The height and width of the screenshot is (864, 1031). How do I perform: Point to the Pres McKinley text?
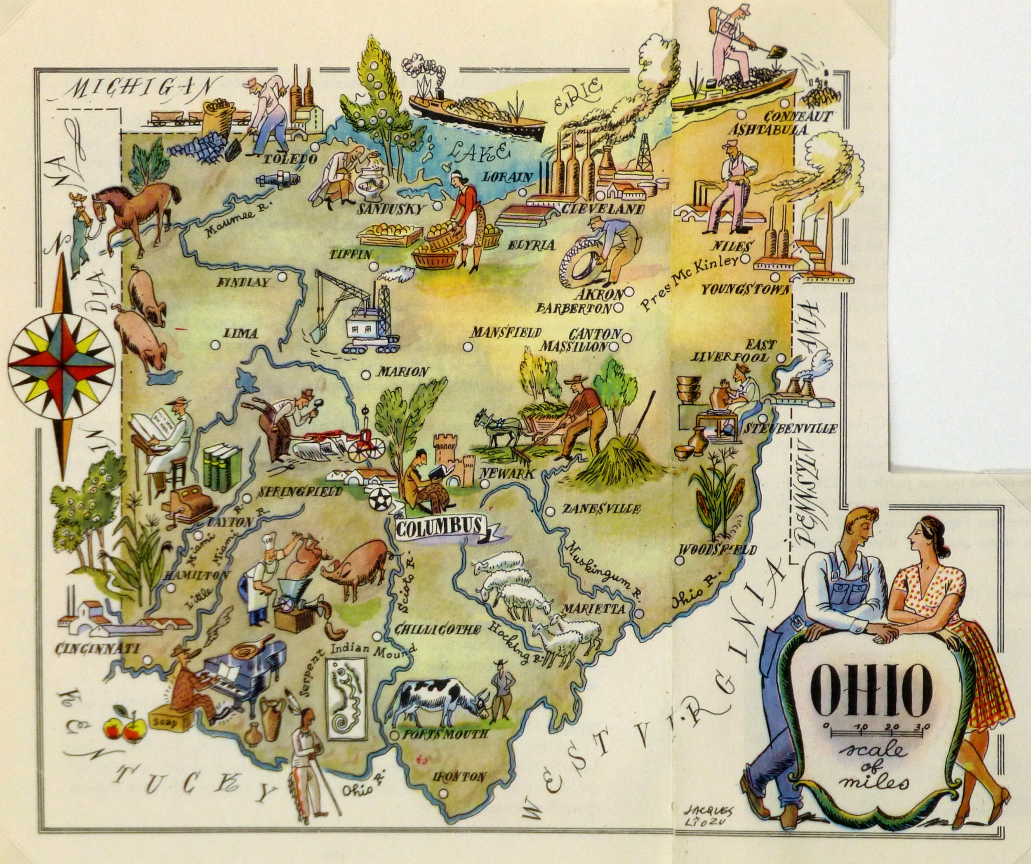click(690, 283)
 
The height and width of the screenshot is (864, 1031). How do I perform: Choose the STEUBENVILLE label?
click(790, 428)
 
